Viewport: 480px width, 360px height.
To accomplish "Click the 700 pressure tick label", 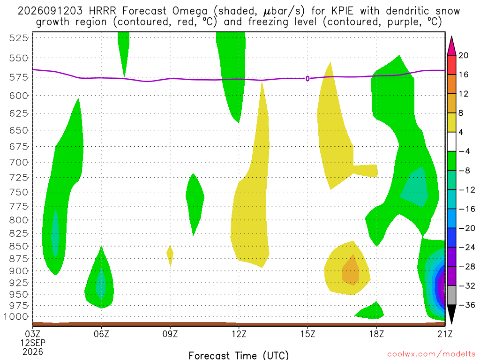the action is pyautogui.click(x=19, y=162).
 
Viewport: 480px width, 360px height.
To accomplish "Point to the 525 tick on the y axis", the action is pyautogui.click(x=19, y=38).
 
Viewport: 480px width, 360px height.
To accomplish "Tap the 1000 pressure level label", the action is pyautogui.click(x=16, y=316).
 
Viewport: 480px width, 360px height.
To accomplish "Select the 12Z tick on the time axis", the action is pyautogui.click(x=239, y=334).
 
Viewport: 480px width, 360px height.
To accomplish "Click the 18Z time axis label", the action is pyautogui.click(x=376, y=334).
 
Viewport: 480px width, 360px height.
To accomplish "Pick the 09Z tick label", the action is pyautogui.click(x=170, y=334).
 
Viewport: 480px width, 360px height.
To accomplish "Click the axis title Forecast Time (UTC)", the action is pyautogui.click(x=239, y=355).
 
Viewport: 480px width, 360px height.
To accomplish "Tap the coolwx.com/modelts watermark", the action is pyautogui.click(x=431, y=354).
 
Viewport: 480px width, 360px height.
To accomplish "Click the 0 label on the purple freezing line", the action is pyautogui.click(x=307, y=79).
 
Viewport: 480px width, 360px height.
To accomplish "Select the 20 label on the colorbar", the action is pyautogui.click(x=463, y=55).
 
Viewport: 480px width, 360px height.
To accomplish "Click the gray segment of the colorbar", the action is pyautogui.click(x=451, y=295).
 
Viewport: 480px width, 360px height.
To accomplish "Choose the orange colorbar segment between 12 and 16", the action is pyautogui.click(x=451, y=84).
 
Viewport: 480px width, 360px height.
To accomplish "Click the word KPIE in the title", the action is pyautogui.click(x=342, y=11).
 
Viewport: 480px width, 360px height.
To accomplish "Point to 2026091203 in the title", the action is pyautogui.click(x=50, y=11).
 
